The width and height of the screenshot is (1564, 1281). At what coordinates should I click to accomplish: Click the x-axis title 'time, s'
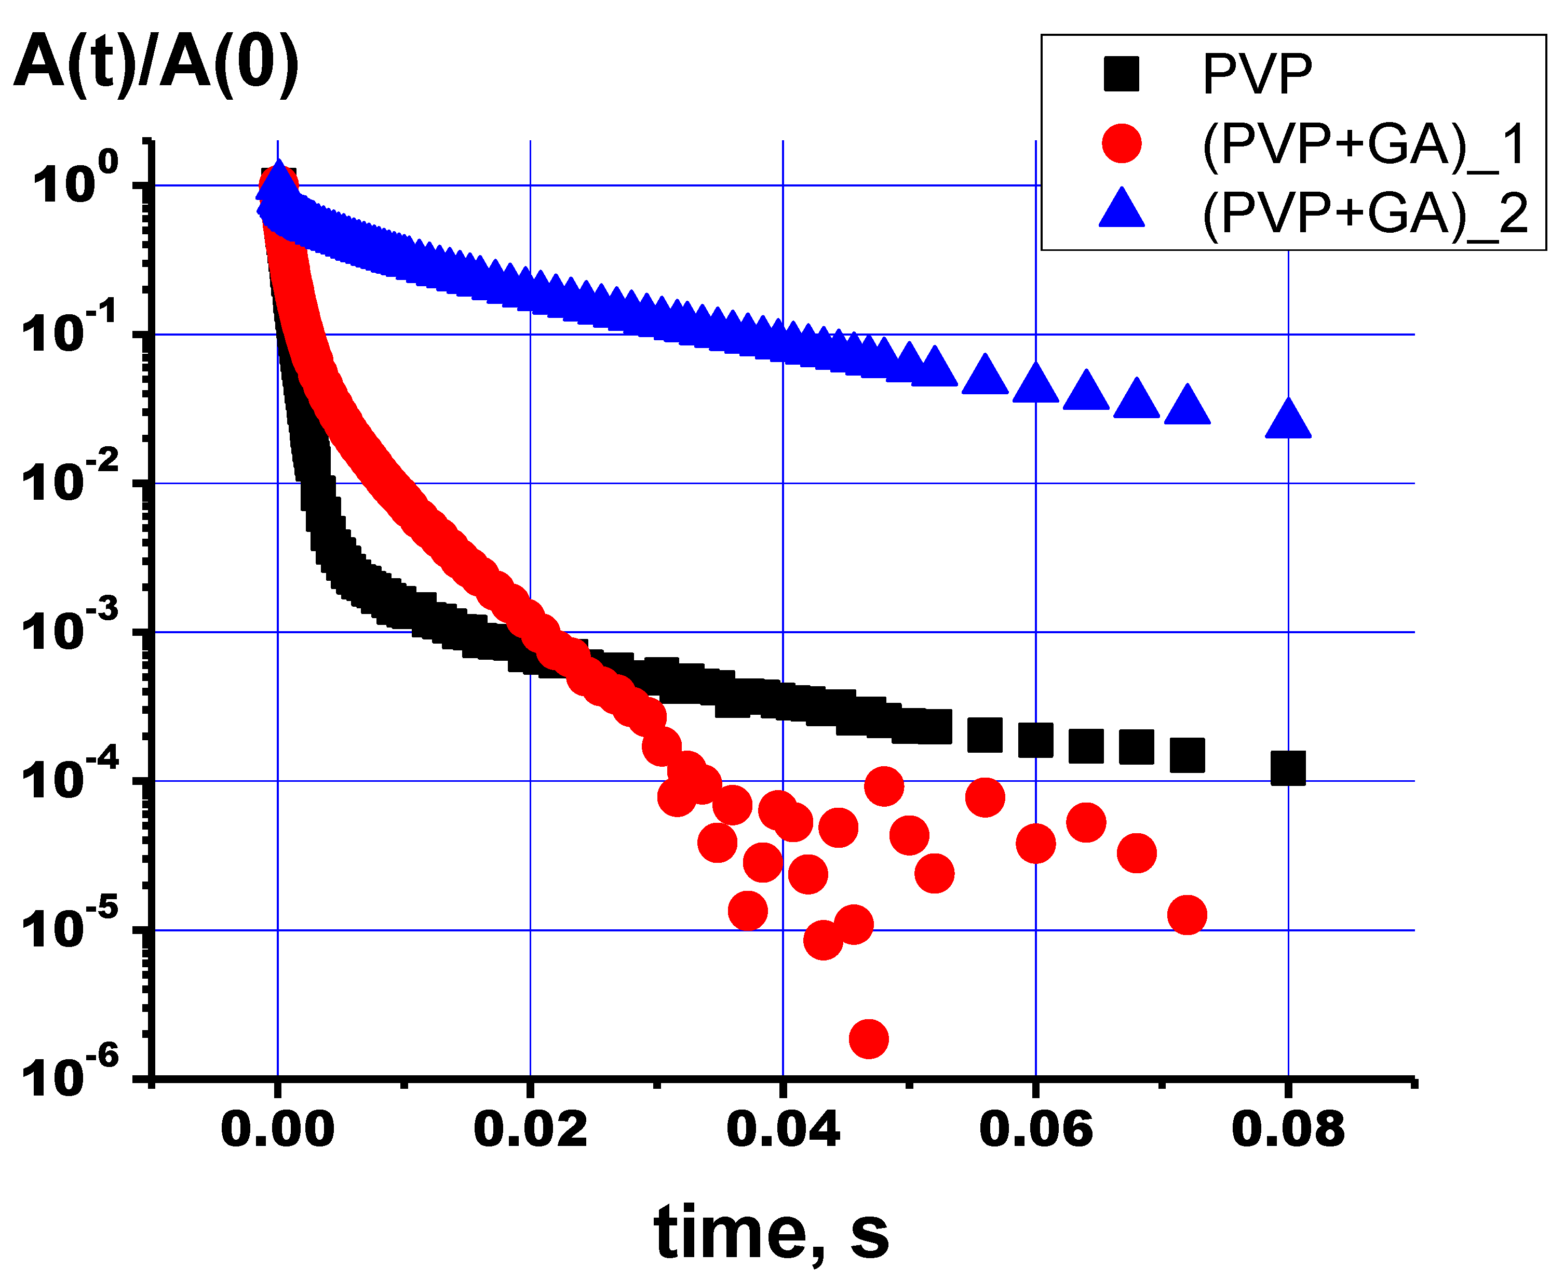[x=771, y=1233]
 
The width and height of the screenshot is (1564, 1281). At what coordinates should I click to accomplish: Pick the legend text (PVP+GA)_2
[x=1364, y=213]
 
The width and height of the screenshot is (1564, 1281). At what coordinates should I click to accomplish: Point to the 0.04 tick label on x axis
[x=783, y=1129]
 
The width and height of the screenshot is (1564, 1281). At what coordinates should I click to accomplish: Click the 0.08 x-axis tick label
[x=1288, y=1129]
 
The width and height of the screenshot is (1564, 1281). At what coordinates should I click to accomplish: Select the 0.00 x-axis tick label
[x=277, y=1129]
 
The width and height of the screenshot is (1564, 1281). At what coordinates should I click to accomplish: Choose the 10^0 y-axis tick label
[x=74, y=181]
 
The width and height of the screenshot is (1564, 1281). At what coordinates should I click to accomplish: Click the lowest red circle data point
[x=868, y=1039]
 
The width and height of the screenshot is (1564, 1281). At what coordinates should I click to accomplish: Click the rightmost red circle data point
[x=1187, y=915]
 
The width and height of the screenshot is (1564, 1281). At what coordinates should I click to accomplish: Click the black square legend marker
[x=1122, y=74]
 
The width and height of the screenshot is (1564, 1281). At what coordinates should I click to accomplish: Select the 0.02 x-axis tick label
[x=530, y=1129]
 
